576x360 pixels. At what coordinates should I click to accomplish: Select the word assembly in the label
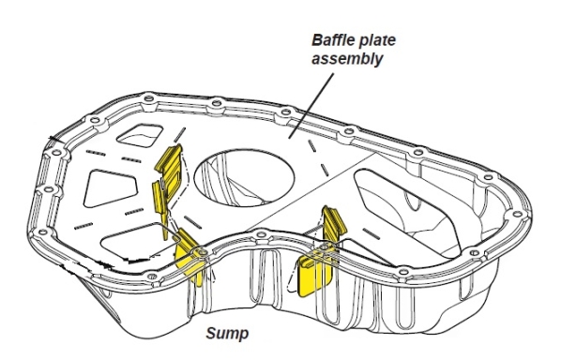347,59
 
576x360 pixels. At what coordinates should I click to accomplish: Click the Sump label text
227,333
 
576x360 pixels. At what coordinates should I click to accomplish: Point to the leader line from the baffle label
311,106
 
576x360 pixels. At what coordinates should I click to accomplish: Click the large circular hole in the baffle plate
244,177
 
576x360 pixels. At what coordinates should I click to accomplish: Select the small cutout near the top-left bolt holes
140,135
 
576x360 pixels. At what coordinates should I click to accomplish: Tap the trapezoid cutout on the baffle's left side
111,187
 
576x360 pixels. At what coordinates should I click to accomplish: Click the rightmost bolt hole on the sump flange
517,215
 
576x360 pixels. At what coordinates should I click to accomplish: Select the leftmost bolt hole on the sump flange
42,232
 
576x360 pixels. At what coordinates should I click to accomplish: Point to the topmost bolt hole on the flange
148,98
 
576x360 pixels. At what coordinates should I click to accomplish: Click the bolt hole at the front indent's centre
261,234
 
